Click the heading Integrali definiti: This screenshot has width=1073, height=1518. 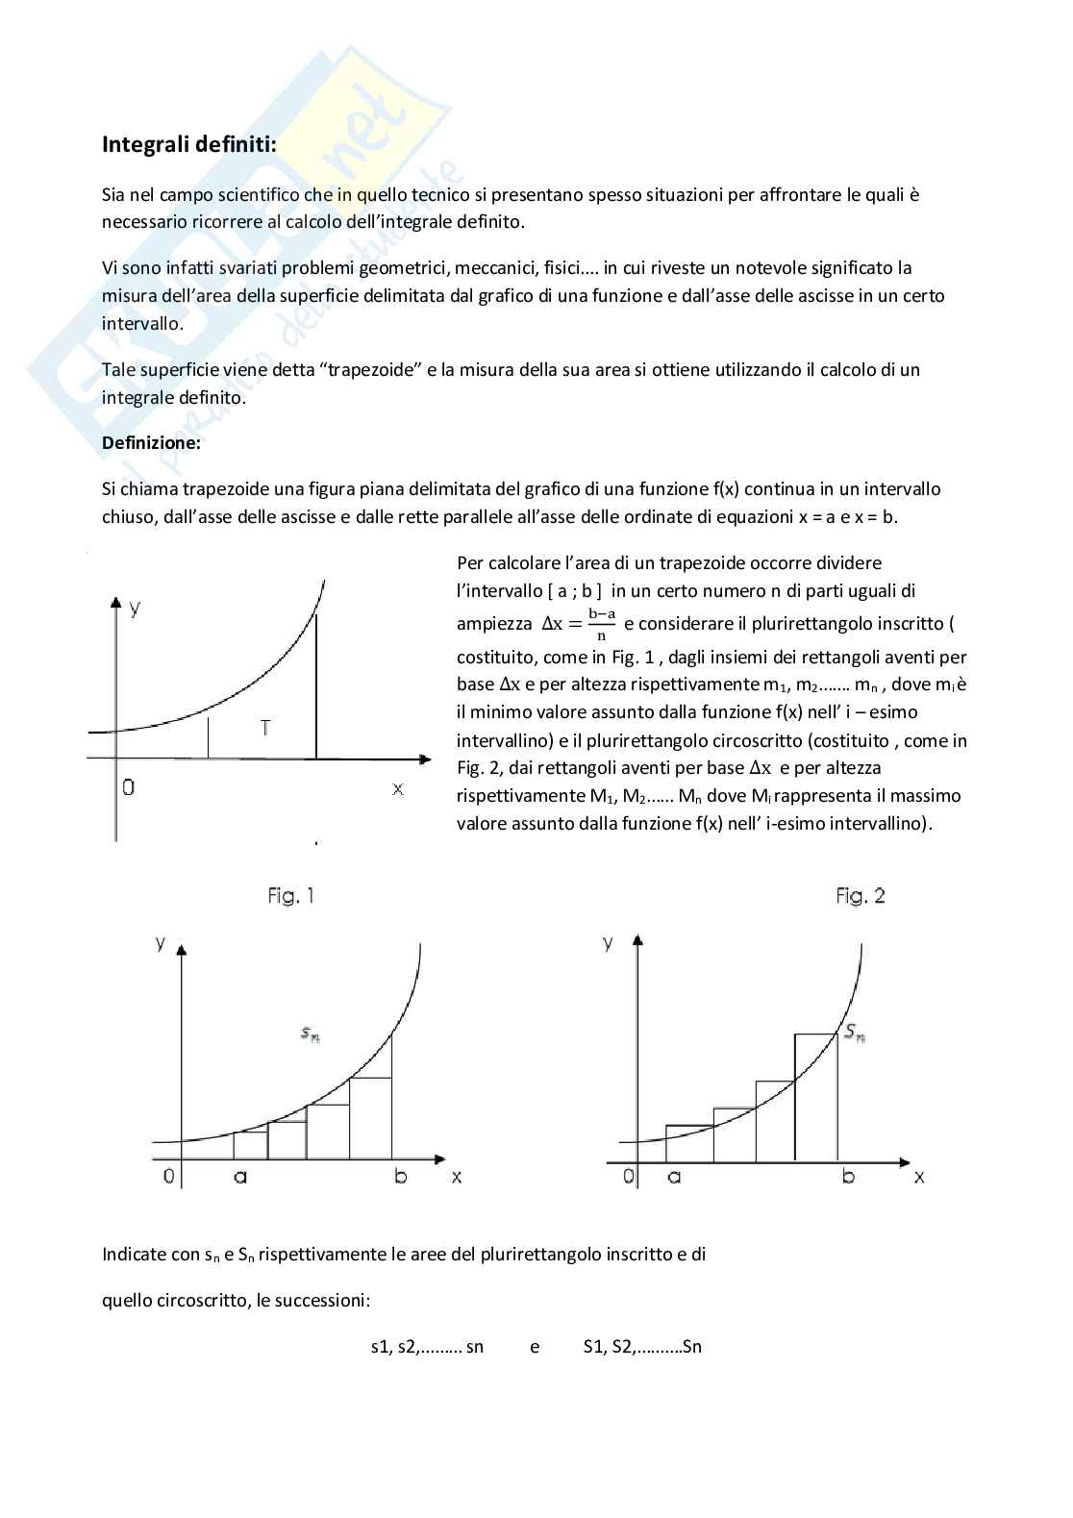coord(189,145)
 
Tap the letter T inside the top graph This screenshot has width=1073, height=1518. coord(265,728)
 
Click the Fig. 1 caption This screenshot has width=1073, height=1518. coord(290,896)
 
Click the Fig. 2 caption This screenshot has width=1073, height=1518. coord(860,896)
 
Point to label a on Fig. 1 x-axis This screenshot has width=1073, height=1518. coord(240,1176)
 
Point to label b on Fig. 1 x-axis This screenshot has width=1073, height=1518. coord(401,1176)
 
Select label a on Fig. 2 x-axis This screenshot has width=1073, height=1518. coord(674,1176)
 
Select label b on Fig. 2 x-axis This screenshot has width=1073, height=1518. coord(848,1176)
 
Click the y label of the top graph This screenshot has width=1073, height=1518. coord(136,608)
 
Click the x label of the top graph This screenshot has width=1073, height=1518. coord(397,788)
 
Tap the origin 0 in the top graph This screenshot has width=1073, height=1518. coord(128,787)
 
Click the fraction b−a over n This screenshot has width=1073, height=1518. coord(602,623)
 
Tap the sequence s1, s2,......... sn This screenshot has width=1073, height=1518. coord(427,1346)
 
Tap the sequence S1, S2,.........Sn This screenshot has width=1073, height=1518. coord(642,1346)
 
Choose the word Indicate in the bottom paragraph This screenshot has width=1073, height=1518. coord(134,1254)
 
